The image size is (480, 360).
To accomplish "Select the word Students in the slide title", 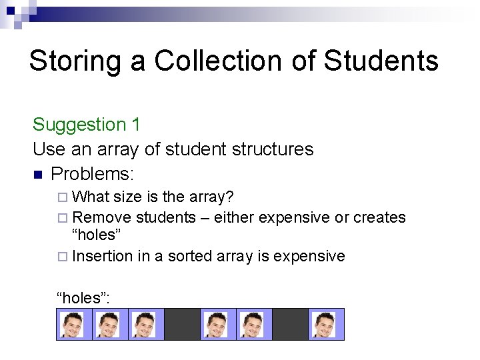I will click(381, 61).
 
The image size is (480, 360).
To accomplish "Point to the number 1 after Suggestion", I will click(136, 125).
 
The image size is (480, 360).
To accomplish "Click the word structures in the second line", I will click(273, 149).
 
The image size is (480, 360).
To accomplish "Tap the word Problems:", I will click(93, 174).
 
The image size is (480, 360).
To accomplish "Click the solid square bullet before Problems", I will click(38, 175).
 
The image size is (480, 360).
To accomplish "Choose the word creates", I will click(379, 217).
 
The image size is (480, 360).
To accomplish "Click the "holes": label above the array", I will click(83, 298).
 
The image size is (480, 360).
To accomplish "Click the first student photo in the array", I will click(73, 324).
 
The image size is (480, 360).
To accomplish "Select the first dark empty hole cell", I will click(182, 324).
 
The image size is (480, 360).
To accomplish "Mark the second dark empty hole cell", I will click(290, 324).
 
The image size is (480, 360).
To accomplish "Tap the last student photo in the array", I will click(326, 324).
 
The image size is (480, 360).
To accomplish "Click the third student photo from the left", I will click(145, 324).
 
